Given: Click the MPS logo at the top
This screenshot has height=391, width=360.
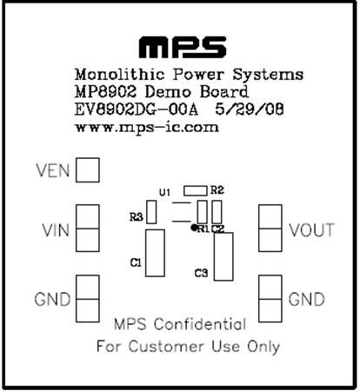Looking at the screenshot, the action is [x=183, y=47].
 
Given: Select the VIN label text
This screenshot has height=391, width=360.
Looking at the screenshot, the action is [x=56, y=230].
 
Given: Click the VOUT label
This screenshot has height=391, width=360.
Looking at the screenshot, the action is [x=311, y=230].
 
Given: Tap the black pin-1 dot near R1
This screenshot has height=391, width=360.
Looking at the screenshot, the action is [x=194, y=228].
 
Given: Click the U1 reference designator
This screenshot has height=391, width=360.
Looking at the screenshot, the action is [x=165, y=192].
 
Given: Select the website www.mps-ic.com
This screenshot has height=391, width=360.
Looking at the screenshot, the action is [x=147, y=128].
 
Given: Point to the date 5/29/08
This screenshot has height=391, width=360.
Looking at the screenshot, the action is [x=250, y=109].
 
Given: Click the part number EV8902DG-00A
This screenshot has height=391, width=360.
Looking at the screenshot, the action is [x=137, y=110].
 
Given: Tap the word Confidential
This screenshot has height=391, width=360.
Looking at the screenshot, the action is [x=200, y=324].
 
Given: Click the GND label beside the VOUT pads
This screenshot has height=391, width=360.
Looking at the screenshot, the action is [x=307, y=300].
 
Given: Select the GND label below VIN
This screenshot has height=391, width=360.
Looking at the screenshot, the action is [x=52, y=299].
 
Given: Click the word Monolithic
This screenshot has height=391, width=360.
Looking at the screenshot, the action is [x=120, y=75].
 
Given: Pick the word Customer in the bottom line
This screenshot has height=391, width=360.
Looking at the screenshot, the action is [x=166, y=347].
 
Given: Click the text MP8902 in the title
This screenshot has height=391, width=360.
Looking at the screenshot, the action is [x=105, y=92].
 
